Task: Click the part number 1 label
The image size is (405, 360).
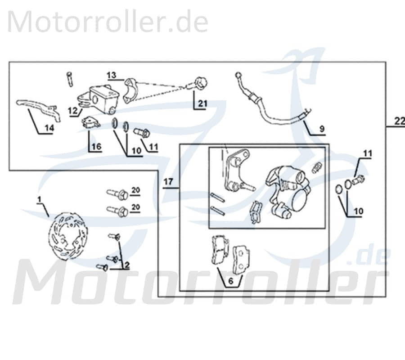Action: coord(39,199)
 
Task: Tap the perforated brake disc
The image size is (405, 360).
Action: coord(67,238)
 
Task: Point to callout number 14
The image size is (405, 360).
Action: coord(49,128)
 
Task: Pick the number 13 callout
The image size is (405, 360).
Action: coord(112,74)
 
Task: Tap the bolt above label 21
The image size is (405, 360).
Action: coord(199,84)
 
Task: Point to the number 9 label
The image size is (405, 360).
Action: coord(322,129)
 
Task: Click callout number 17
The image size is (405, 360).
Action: coord(168,182)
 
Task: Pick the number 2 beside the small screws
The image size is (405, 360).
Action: coord(127,265)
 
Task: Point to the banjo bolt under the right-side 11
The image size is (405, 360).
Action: coord(359,181)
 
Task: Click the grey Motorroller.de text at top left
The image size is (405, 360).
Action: coord(108,22)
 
